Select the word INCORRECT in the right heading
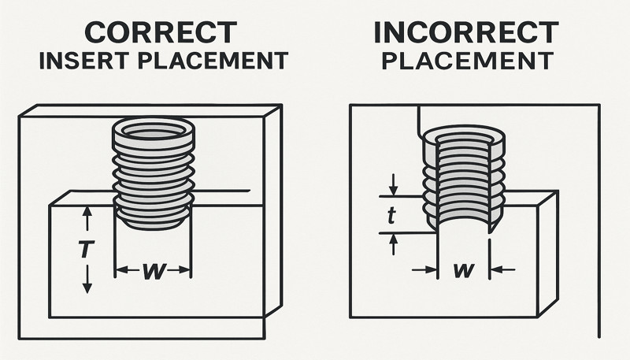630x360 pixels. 465,32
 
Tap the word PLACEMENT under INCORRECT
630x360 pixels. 465,61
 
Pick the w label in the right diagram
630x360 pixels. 465,270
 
